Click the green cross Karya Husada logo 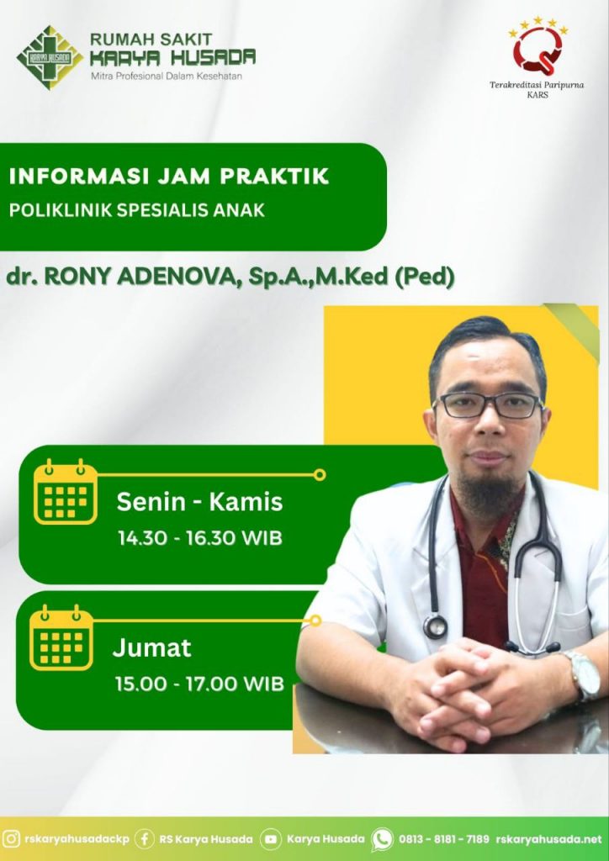[50, 56]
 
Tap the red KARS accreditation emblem [538, 48]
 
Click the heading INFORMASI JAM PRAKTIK [169, 177]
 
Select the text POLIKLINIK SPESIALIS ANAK [137, 210]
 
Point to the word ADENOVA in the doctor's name [177, 277]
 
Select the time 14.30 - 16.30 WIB [200, 538]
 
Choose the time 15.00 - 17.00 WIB [199, 684]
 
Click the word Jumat [152, 648]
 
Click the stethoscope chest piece [435, 626]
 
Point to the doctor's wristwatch [584, 676]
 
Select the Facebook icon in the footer [145, 839]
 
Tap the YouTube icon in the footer [270, 839]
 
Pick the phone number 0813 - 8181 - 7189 [443, 839]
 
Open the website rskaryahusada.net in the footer [548, 839]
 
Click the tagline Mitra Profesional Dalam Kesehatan [167, 76]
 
